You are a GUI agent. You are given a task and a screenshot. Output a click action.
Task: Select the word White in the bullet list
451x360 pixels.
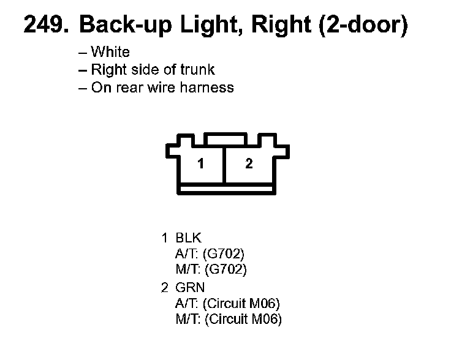pyautogui.click(x=110, y=52)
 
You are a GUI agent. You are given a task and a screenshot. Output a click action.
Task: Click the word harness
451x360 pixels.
pyautogui.click(x=209, y=88)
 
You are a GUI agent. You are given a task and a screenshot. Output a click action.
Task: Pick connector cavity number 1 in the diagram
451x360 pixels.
pyautogui.click(x=201, y=164)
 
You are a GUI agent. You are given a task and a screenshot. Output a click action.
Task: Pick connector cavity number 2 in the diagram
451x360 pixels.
pyautogui.click(x=248, y=164)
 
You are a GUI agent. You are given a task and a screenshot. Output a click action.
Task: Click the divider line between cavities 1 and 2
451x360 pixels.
pyautogui.click(x=224, y=164)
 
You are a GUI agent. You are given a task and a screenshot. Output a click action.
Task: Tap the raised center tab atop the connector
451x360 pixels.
pyautogui.click(x=224, y=140)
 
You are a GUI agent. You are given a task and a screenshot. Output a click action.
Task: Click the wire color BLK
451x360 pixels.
pyautogui.click(x=188, y=238)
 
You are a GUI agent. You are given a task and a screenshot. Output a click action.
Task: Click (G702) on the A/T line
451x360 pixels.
pyautogui.click(x=227, y=253)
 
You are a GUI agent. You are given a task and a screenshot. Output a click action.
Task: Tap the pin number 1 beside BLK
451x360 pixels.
pyautogui.click(x=164, y=238)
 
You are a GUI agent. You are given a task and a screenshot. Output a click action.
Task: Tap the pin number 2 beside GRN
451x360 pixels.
pyautogui.click(x=164, y=287)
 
